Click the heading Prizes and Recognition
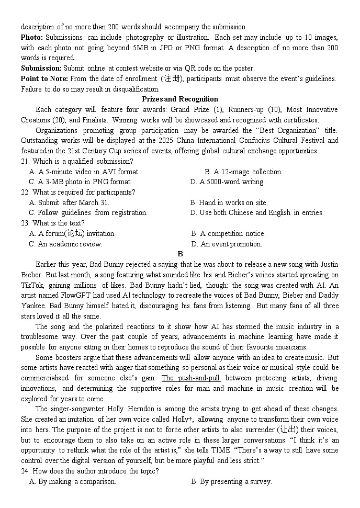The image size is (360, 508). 180,99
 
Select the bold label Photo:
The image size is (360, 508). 32,37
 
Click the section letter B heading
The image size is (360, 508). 180,254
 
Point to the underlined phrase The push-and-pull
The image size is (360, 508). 190,378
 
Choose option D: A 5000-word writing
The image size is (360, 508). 228,182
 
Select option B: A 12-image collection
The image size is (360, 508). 243,172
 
